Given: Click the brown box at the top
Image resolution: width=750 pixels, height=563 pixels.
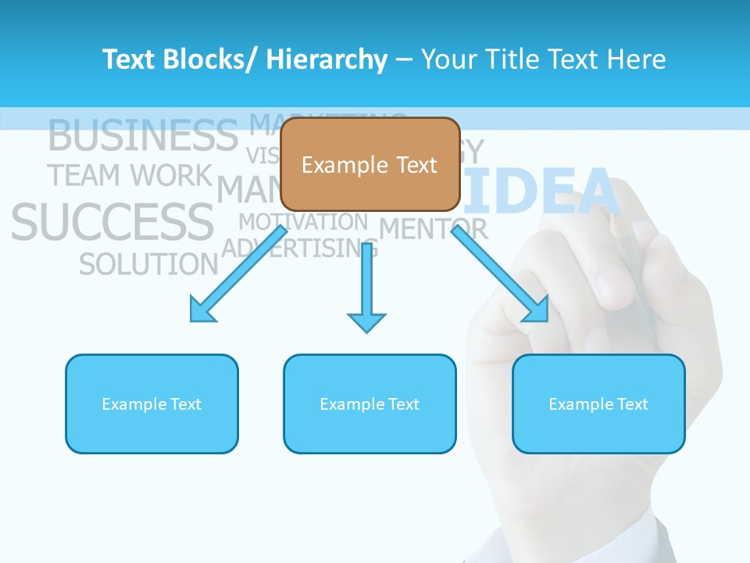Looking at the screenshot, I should (370, 164).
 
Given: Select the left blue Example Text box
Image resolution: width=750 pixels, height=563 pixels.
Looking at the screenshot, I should (152, 403).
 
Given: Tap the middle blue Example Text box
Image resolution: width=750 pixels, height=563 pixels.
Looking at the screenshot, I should (370, 403).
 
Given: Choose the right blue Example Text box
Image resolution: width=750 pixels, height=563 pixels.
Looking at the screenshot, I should (598, 403).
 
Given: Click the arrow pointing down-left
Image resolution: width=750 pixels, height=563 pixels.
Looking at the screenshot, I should (237, 274).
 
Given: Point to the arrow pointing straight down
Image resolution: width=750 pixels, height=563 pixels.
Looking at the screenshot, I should (366, 289).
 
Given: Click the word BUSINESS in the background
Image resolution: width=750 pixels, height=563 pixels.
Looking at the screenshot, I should (143, 135).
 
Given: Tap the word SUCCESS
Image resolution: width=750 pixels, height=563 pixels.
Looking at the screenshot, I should (112, 221).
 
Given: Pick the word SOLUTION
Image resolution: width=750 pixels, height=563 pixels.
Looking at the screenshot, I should (148, 264).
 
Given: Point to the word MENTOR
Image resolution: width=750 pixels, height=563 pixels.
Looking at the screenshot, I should (434, 229).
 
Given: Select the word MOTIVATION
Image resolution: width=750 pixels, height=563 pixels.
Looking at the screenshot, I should (303, 222).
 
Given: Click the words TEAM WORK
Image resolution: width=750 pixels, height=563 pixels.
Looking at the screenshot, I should (130, 175).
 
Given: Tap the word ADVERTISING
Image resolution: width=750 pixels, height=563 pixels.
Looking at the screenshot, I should (300, 249).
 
